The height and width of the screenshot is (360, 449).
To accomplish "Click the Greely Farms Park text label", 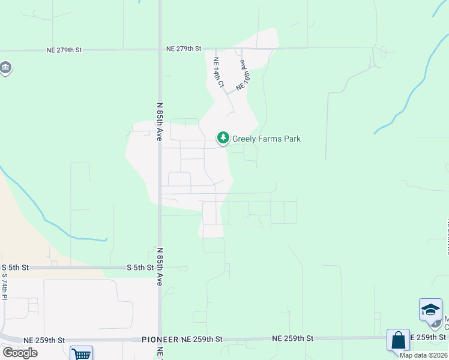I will pos(266,139).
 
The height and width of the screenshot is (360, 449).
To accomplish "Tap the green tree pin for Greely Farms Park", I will pos(223,139).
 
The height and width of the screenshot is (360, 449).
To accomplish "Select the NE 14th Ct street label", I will pos(218,73).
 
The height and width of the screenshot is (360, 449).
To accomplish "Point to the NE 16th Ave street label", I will pos(243,74).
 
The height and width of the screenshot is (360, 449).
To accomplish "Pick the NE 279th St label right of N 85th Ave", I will pos(184,48).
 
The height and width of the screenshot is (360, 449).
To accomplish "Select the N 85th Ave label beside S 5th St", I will pos(160,266).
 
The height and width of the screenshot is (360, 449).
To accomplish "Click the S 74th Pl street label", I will pos(4,286).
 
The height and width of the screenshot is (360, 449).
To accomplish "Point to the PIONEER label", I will pos(160,340).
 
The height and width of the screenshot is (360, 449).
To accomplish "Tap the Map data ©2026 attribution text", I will pos(423,355).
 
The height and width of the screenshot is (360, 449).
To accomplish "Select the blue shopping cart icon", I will pos(81,353).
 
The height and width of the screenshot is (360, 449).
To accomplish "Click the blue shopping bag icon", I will pos(398,340).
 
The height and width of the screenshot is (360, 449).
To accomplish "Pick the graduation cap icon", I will pos(430,309).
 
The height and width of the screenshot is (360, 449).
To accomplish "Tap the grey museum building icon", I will pos(5,67).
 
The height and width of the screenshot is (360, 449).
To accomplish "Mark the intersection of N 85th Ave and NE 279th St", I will pos(160,49).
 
